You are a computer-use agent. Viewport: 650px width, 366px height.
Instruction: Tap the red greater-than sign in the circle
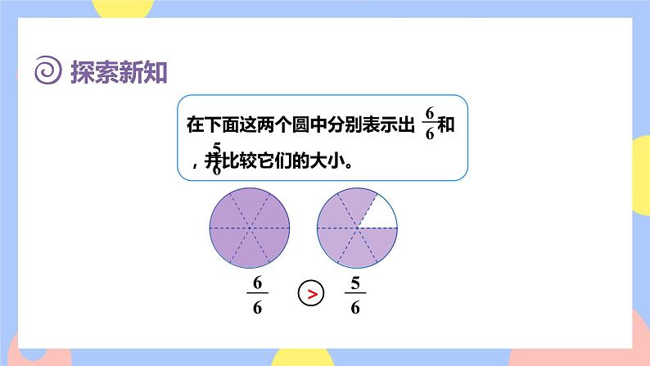tap(310, 292)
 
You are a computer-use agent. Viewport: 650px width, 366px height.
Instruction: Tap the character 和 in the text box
tap(446, 125)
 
